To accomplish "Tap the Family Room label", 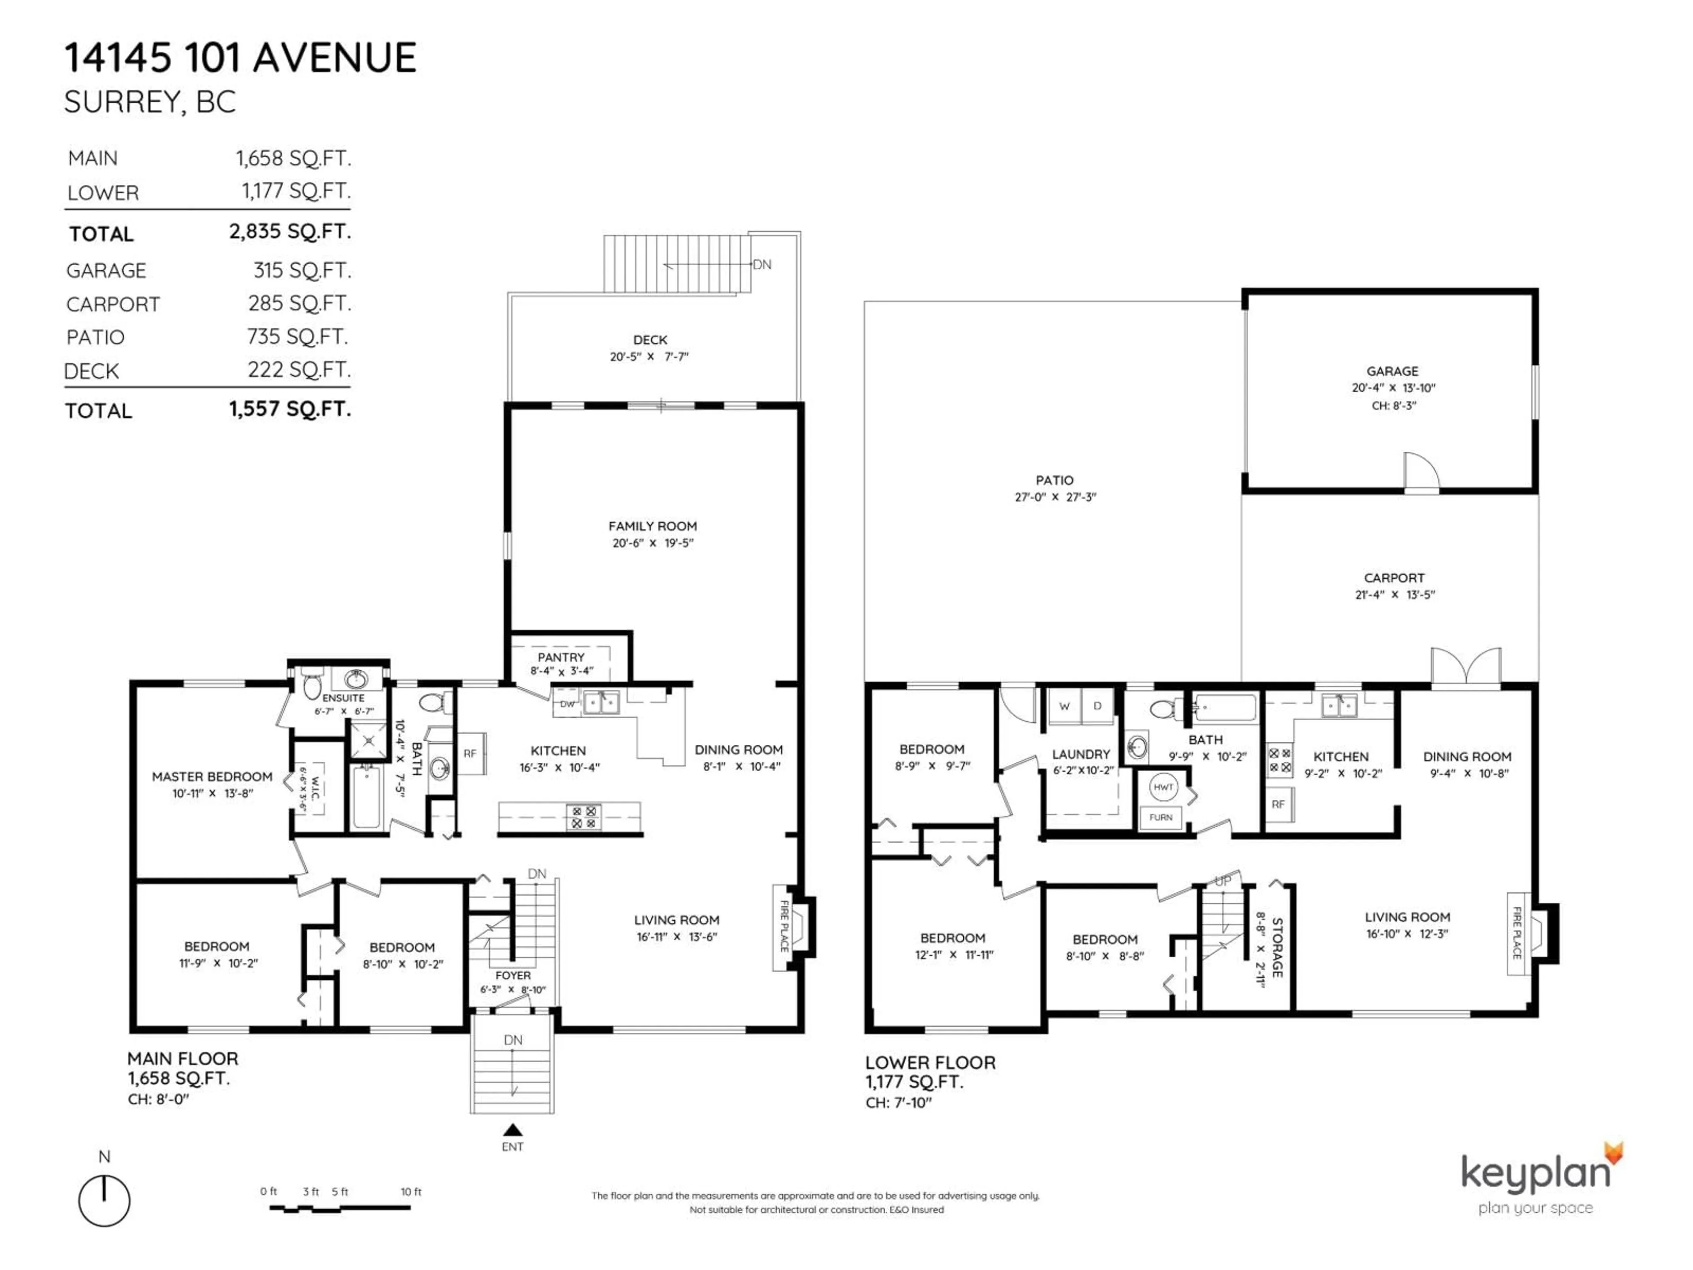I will point(652,526).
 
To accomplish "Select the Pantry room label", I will point(560,657).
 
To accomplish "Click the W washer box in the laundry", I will point(1064,706).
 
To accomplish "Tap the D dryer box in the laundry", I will point(1097,706).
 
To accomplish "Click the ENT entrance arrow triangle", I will point(513,1130).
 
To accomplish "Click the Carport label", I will point(1394,578).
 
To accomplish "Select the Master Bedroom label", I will point(212,776).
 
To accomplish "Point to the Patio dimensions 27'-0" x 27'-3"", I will point(1055,497).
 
